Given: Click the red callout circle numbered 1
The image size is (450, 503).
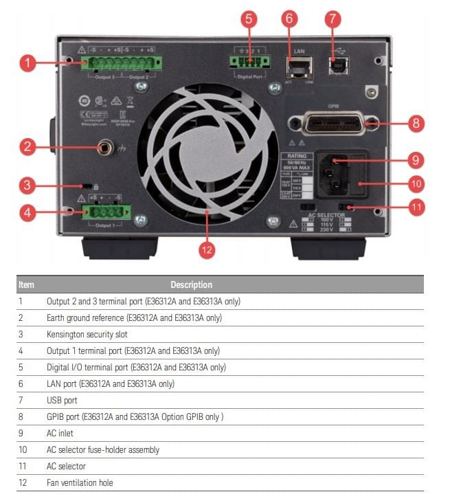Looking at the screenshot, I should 27,64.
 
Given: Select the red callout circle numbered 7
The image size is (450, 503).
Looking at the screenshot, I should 333,19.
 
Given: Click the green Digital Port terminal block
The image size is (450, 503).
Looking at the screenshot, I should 250,61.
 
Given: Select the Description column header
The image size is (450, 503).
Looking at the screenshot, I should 191,284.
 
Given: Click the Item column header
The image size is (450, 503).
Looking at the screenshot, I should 26,284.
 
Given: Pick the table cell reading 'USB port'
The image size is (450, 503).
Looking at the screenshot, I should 62,400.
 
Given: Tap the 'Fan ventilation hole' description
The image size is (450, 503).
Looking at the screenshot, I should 80,482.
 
